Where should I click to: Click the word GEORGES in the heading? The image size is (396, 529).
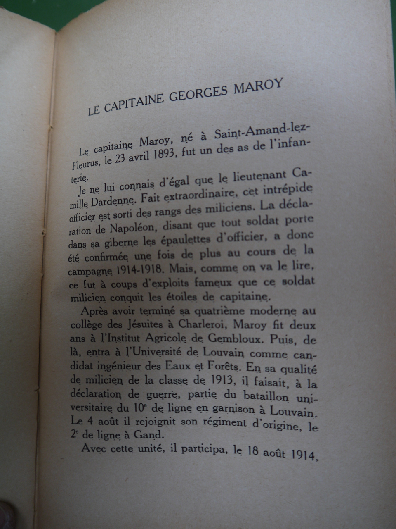click(199, 93)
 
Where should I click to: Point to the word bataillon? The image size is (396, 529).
click(266, 396)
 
